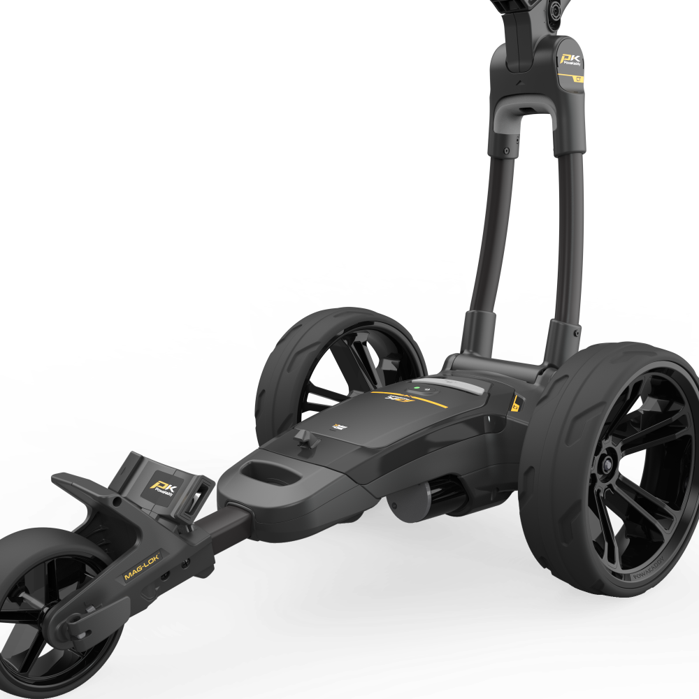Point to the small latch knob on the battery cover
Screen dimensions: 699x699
pyautogui.click(x=303, y=438)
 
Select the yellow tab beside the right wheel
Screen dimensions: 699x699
pyautogui.click(x=516, y=403)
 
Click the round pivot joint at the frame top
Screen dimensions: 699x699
pyautogui.click(x=556, y=8)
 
